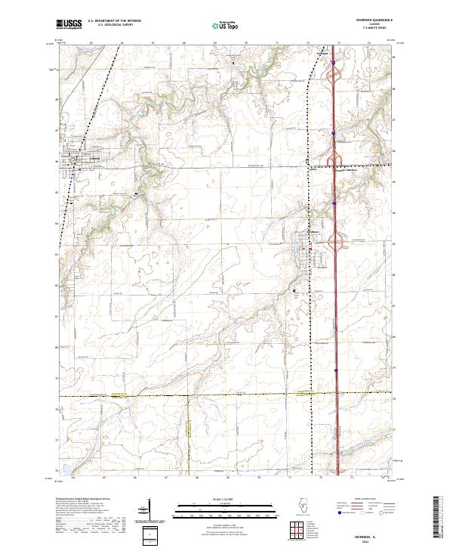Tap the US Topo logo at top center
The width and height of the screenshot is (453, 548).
pos(224,25)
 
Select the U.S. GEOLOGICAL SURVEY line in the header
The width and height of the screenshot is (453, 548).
pos(114,25)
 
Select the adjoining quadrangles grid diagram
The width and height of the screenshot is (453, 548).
pos(295,528)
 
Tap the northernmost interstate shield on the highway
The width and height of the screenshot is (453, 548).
pos(332,64)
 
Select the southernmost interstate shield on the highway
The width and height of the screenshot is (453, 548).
pos(334,371)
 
